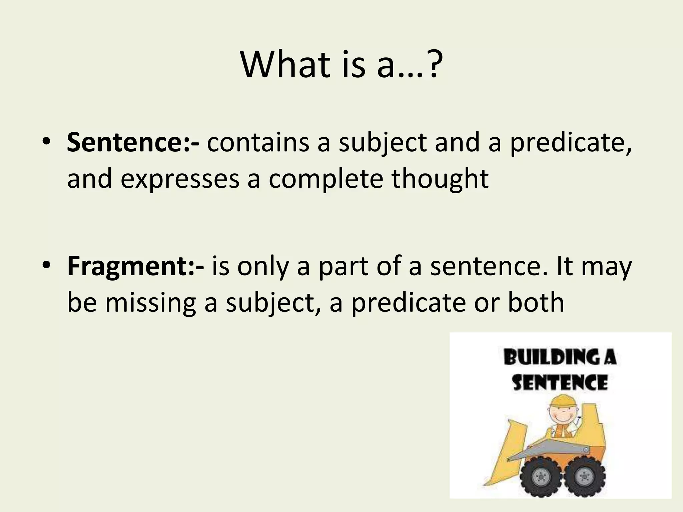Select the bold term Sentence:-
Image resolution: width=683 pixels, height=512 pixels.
point(133,142)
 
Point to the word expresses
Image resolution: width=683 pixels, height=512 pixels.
point(180,179)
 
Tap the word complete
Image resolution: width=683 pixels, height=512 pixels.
point(326,179)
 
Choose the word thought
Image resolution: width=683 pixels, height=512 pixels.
point(440,179)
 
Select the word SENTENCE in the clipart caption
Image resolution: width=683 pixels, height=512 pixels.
point(560,382)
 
